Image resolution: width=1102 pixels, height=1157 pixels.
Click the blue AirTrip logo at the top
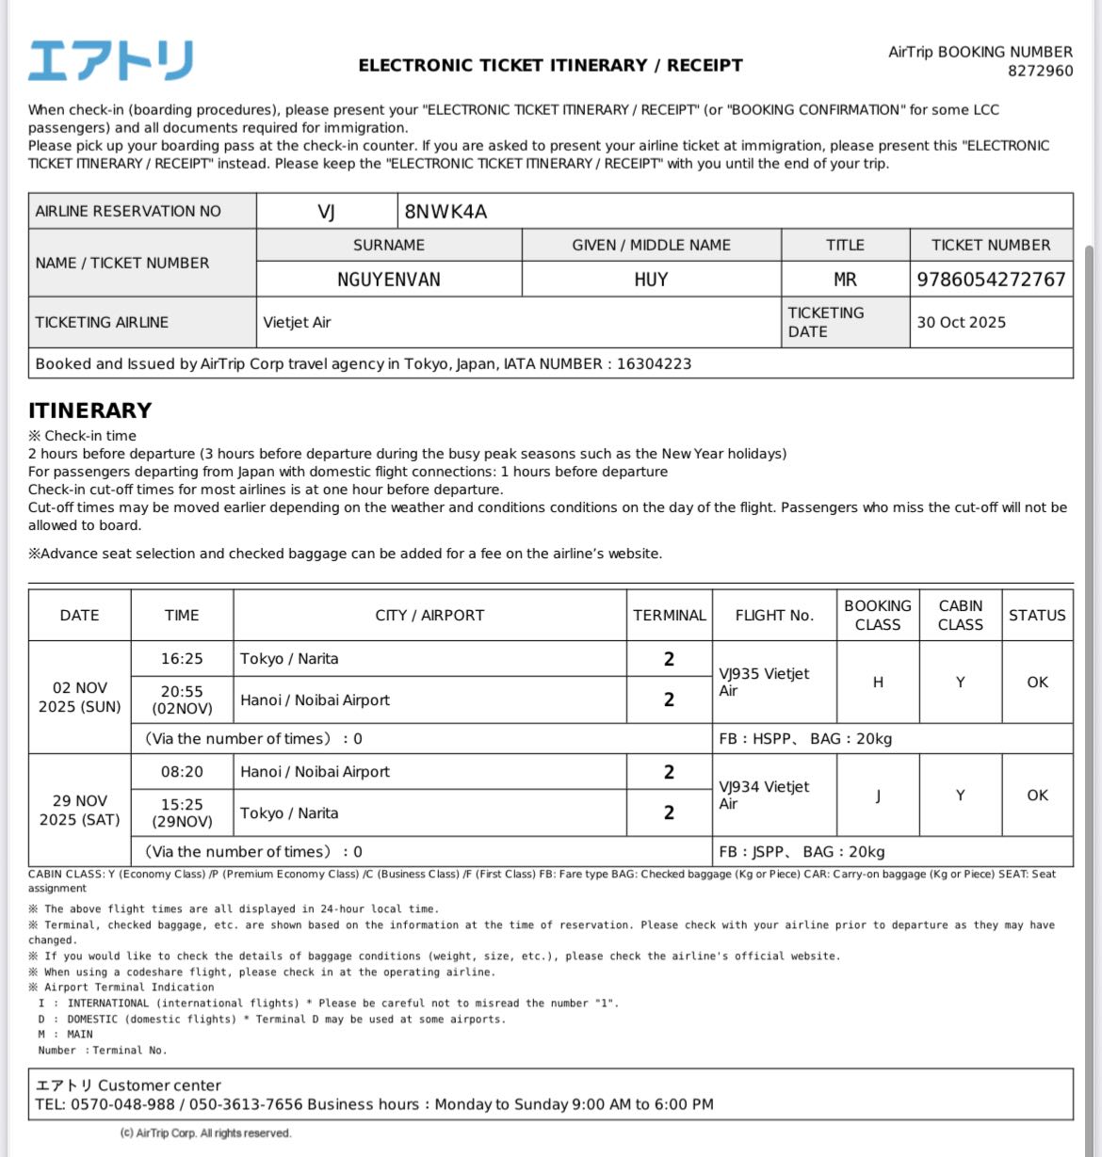click(110, 60)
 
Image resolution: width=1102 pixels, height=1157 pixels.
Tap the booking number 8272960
click(1040, 71)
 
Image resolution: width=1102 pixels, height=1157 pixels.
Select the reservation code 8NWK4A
click(446, 211)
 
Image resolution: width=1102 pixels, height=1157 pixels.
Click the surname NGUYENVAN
click(389, 280)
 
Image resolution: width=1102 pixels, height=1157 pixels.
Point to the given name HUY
click(651, 280)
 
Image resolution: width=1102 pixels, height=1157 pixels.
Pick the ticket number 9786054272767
click(991, 280)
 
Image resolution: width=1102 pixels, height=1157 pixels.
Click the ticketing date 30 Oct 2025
click(961, 322)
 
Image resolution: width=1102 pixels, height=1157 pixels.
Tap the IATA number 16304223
click(654, 363)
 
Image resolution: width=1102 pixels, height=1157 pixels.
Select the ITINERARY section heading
click(89, 410)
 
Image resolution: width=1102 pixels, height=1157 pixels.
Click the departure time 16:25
click(182, 659)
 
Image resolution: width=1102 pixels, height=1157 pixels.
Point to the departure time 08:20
click(182, 772)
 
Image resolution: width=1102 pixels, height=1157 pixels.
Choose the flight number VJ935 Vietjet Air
click(764, 682)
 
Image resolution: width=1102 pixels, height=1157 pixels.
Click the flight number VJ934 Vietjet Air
click(764, 795)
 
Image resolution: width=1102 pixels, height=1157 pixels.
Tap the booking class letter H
click(878, 683)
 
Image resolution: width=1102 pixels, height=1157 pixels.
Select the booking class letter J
click(878, 795)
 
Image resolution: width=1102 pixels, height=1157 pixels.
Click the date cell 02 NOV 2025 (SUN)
click(80, 697)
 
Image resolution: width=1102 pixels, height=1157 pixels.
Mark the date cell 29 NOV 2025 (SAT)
click(80, 810)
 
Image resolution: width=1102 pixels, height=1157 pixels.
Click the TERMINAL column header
click(669, 616)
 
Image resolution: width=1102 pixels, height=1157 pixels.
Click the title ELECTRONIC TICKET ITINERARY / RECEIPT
click(550, 66)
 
